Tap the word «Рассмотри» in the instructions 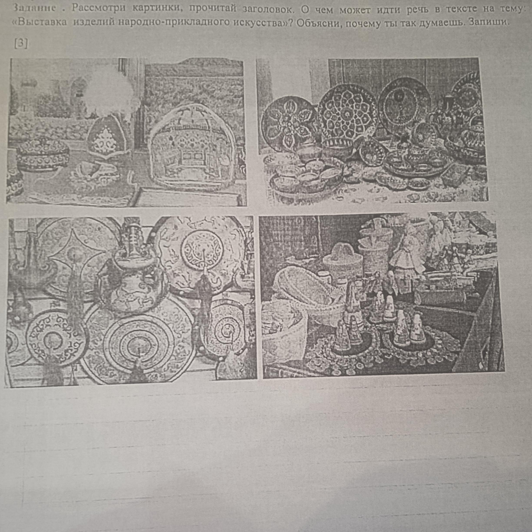(99, 8)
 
